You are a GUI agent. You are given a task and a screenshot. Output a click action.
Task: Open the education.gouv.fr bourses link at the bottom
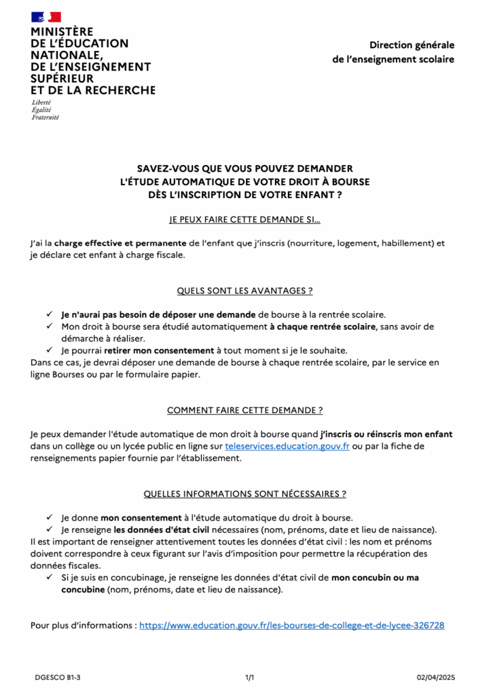292,625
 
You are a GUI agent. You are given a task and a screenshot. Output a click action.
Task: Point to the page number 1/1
249,677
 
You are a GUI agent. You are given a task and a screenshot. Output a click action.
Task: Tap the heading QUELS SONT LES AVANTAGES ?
244,290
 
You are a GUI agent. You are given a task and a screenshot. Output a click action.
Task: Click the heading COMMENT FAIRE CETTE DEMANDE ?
244,411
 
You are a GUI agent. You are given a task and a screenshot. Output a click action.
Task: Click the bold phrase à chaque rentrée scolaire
322,326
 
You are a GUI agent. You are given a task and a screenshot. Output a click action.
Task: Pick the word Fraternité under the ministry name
46,117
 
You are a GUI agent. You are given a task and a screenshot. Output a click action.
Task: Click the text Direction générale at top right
412,45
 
